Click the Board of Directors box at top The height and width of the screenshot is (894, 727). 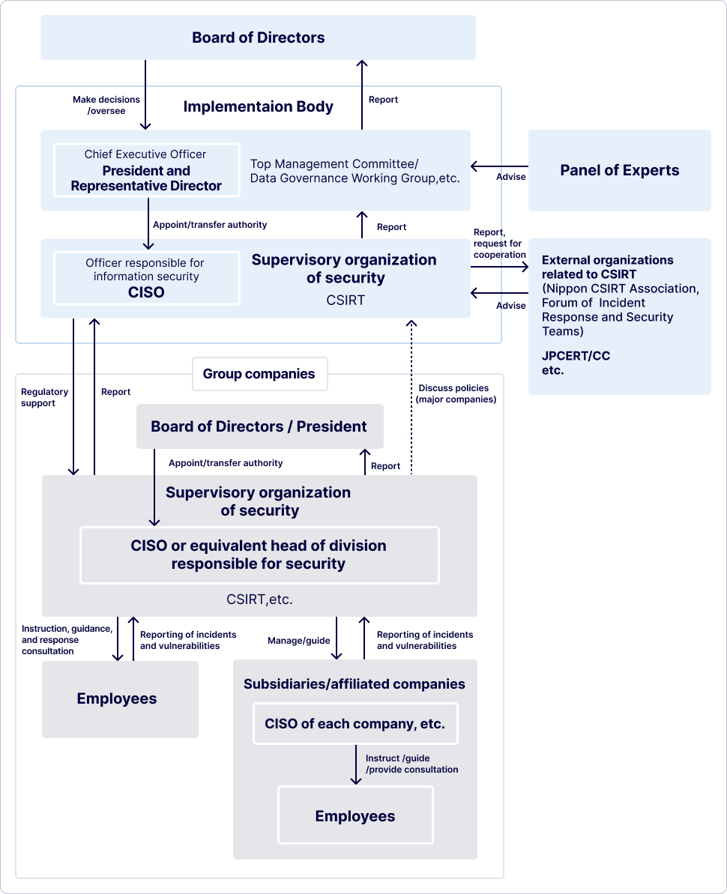pyautogui.click(x=258, y=37)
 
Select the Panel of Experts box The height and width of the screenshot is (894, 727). pyautogui.click(x=619, y=170)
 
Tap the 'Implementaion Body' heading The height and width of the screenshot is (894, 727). pyautogui.click(x=258, y=106)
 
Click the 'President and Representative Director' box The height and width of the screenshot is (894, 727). pyautogui.click(x=146, y=171)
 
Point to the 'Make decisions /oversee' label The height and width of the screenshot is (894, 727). pyautogui.click(x=106, y=105)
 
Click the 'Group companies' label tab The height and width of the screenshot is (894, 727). pyautogui.click(x=259, y=374)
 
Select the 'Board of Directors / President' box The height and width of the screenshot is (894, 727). pyautogui.click(x=259, y=426)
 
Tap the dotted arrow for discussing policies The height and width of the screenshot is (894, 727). pyautogui.click(x=411, y=397)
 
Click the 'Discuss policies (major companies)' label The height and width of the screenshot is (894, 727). pyautogui.click(x=455, y=393)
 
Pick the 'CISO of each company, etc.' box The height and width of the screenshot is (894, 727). pyautogui.click(x=355, y=724)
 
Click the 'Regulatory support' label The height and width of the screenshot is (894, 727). pyautogui.click(x=44, y=397)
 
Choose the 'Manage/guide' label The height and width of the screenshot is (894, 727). pyautogui.click(x=299, y=641)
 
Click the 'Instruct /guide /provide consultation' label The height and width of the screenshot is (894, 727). pyautogui.click(x=411, y=764)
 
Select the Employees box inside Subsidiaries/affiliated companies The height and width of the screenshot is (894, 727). pyautogui.click(x=355, y=815)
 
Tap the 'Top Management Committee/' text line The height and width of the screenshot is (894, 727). pyautogui.click(x=334, y=164)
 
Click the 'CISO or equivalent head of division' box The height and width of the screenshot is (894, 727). pyautogui.click(x=259, y=555)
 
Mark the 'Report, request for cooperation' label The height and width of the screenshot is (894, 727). pyautogui.click(x=499, y=244)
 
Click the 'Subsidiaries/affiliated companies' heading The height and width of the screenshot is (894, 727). pyautogui.click(x=354, y=683)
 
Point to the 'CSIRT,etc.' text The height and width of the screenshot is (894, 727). pyautogui.click(x=259, y=599)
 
